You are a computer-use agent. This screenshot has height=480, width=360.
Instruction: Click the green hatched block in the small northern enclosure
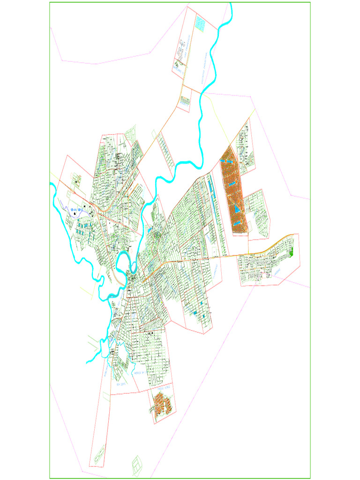[185, 100]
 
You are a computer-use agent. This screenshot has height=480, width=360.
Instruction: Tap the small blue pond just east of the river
[150, 230]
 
